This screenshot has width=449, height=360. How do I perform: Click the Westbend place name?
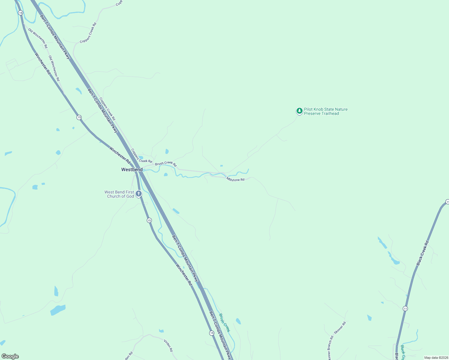coord(132,170)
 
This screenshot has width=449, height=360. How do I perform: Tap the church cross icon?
coord(139,194)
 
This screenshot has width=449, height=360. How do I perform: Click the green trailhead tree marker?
coord(299,111)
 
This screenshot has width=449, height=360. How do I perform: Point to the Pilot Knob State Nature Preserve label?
coord(326,112)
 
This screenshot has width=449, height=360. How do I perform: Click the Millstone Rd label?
coord(235,179)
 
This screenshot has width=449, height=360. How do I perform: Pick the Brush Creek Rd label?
coord(166,164)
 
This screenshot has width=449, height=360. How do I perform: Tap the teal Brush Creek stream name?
coord(224,323)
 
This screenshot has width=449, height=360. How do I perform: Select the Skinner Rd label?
coord(340,328)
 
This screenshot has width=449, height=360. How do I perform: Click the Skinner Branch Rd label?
coord(330,348)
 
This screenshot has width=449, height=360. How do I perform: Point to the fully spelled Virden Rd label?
coord(168,345)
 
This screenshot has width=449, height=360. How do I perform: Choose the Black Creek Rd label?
coord(423,253)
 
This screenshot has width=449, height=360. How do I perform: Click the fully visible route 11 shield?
coord(405,308)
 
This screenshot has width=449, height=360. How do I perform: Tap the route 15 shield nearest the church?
coord(149,220)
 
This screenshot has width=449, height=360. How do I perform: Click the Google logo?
coord(10,356)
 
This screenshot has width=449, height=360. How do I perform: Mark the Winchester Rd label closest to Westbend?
coord(120,155)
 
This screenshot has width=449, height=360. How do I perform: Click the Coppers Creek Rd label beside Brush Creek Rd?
coord(142,155)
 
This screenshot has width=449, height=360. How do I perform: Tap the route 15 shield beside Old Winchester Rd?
coord(20,13)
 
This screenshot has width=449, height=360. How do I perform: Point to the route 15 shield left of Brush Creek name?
coord(212,333)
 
